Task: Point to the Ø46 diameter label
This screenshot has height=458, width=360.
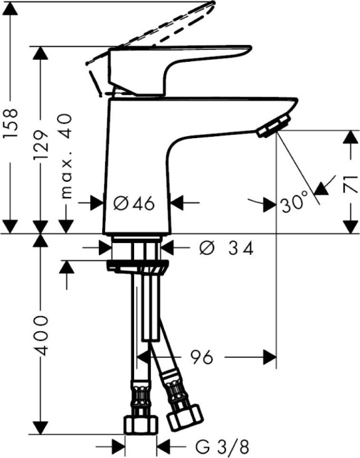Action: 137,203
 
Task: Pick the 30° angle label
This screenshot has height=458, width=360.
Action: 294,202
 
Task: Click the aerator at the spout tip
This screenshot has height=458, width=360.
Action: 273,126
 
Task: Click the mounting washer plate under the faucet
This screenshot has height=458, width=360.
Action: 137,267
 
